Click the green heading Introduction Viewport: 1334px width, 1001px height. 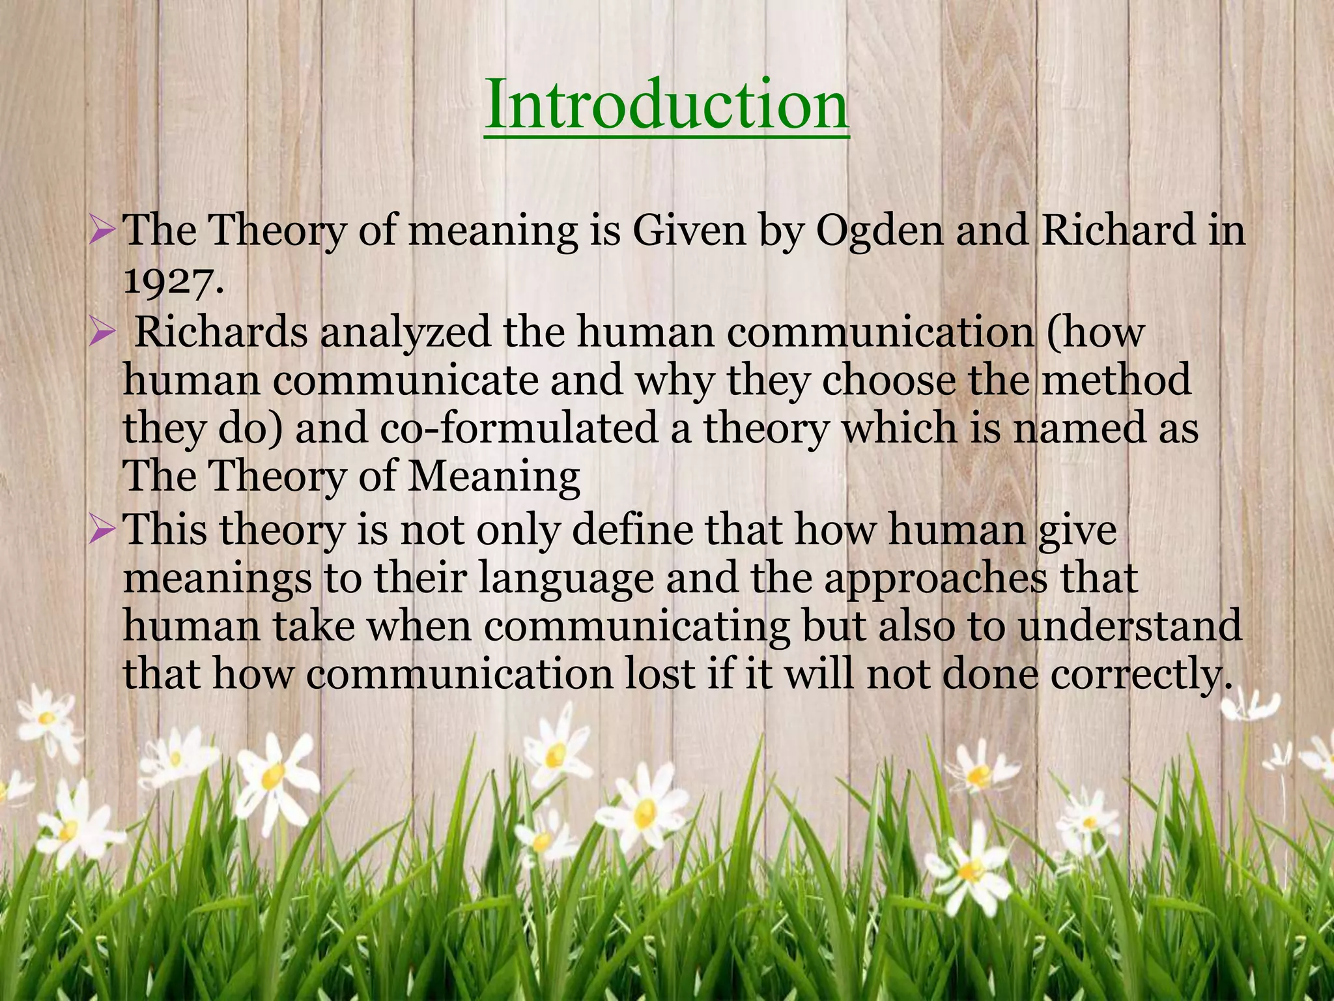tap(666, 104)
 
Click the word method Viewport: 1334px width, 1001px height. tap(1116, 381)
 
